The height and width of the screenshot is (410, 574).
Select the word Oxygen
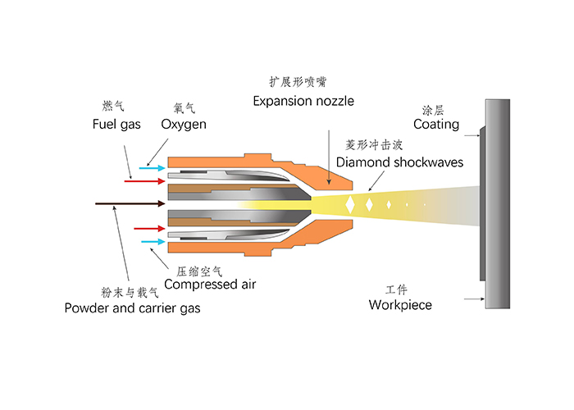[183, 125]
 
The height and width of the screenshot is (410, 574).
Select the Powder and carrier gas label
[131, 308]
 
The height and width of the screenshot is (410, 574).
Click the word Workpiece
[400, 305]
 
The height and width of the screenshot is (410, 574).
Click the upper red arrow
[139, 180]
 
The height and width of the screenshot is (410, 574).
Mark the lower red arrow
[139, 230]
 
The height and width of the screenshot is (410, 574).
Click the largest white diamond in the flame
[352, 203]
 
